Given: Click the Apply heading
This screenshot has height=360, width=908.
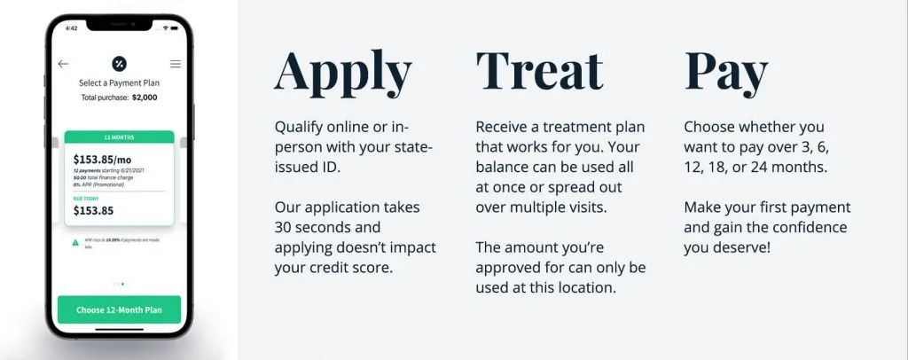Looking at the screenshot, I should click(343, 73).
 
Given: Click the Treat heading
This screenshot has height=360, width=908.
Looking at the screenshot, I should click(539, 70).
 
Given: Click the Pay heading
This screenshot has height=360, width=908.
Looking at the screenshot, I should click(726, 73).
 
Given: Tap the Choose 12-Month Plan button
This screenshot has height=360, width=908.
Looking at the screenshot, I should click(119, 310).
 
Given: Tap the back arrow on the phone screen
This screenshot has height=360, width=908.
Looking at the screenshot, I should click(63, 64).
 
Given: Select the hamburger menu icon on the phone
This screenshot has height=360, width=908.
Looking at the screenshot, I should click(176, 64).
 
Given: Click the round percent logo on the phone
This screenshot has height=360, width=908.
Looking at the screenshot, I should click(119, 64).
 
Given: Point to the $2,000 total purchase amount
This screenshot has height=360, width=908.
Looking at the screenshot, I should click(145, 97).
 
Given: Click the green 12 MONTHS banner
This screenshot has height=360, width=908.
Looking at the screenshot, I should click(119, 137).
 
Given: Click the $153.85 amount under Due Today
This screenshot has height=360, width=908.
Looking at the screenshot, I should click(93, 211).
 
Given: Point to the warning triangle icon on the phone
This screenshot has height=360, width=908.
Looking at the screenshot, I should click(76, 242).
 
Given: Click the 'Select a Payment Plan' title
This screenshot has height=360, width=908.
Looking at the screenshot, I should click(119, 83).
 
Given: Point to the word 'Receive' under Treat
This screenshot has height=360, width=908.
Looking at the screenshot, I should click(503, 127).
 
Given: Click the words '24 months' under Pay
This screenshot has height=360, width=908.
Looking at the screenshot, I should click(792, 167).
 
